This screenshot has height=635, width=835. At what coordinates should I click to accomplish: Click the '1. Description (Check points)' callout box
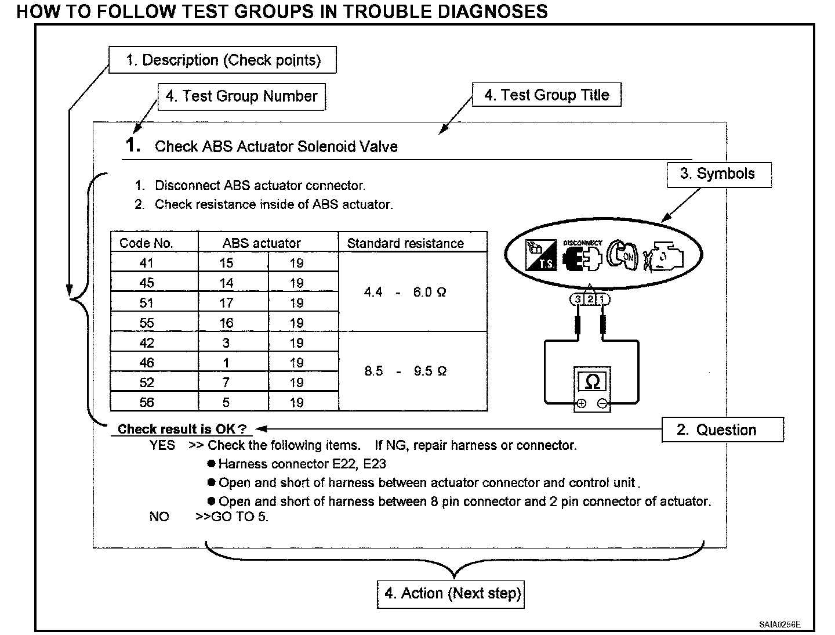pyautogui.click(x=223, y=60)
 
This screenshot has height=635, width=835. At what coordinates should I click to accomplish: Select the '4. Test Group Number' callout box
pyautogui.click(x=241, y=96)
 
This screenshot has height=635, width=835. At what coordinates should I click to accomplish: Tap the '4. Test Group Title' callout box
pyautogui.click(x=546, y=95)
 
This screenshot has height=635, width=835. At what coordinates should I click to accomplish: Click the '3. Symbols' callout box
pyautogui.click(x=718, y=174)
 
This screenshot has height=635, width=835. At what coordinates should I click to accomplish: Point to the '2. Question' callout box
pyautogui.click(x=722, y=430)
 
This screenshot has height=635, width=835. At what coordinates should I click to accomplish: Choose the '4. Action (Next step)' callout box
pyautogui.click(x=451, y=593)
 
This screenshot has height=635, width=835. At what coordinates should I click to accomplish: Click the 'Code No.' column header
pyautogui.click(x=147, y=243)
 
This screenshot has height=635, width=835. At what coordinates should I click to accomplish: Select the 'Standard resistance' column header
pyautogui.click(x=405, y=243)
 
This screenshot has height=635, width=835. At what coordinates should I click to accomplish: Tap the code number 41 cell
pyautogui.click(x=147, y=263)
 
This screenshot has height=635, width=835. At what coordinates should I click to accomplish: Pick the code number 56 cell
pyautogui.click(x=147, y=402)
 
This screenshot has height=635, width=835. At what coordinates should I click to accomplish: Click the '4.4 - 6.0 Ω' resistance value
pyautogui.click(x=405, y=292)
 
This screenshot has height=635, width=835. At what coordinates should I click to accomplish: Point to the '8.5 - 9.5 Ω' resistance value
pyautogui.click(x=405, y=371)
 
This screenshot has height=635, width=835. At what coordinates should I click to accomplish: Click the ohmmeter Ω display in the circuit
pyautogui.click(x=592, y=382)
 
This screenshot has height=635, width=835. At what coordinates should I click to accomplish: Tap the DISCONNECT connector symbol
pyautogui.click(x=582, y=255)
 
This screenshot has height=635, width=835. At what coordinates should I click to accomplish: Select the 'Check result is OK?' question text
pyautogui.click(x=181, y=429)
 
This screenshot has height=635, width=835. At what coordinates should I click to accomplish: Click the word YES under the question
pyautogui.click(x=162, y=445)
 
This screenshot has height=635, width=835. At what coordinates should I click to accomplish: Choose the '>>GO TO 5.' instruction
pyautogui.click(x=232, y=517)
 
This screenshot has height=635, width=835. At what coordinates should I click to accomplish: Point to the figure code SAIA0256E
pyautogui.click(x=779, y=625)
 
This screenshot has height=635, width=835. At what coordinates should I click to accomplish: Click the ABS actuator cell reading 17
pyautogui.click(x=226, y=303)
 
